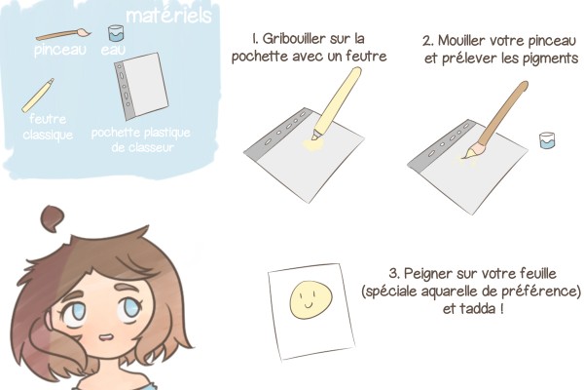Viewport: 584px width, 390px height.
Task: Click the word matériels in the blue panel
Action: (x=168, y=16)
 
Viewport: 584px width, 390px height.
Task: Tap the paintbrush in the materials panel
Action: (x=63, y=35)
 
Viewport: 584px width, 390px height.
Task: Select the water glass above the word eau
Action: (x=116, y=33)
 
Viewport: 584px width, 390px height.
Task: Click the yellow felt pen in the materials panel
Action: (x=38, y=96)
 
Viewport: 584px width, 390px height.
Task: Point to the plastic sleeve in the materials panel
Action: (x=141, y=86)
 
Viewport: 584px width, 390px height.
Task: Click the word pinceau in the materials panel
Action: (x=60, y=50)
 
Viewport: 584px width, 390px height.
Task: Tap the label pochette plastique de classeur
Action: (x=141, y=139)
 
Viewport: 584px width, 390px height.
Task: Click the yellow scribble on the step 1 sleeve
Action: (x=312, y=145)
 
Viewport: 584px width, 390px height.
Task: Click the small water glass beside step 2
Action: (x=547, y=140)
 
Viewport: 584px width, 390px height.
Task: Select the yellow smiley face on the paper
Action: (x=311, y=300)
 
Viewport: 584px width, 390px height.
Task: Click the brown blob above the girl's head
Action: (x=53, y=217)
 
